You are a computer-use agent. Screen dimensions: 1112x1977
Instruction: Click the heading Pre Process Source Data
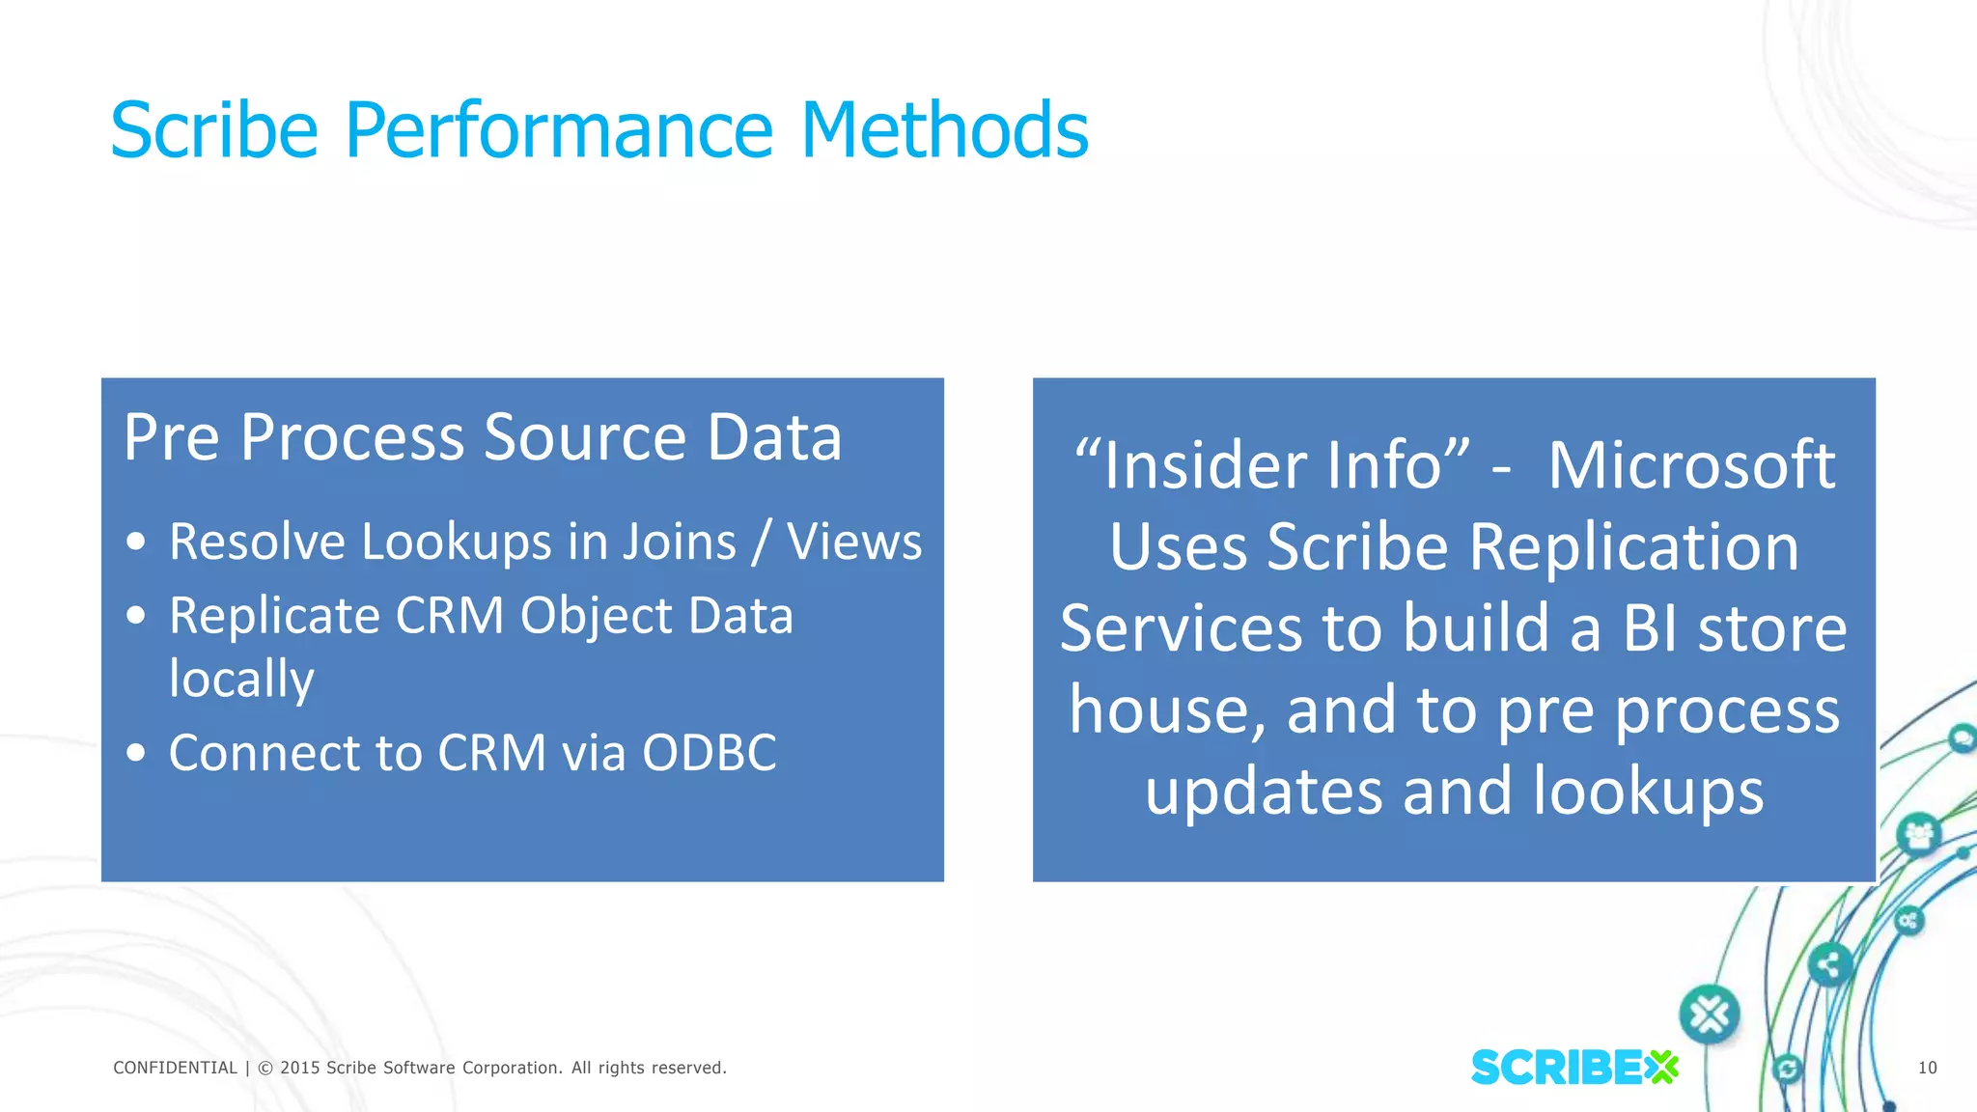coord(483,437)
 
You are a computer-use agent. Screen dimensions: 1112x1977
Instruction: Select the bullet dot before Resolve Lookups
coord(136,542)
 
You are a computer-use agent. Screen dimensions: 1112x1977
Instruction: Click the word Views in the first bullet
coord(854,542)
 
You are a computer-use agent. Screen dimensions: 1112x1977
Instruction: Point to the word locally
coord(241,679)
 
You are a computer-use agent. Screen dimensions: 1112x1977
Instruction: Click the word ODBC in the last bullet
coord(710,753)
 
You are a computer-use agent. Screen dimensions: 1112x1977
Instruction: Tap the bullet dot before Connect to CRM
coord(136,753)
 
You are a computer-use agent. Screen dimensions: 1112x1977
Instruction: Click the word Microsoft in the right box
coord(1691,465)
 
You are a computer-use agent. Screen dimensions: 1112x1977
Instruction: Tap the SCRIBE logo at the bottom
coord(1573,1068)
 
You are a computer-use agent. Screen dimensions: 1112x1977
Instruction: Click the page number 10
coord(1927,1068)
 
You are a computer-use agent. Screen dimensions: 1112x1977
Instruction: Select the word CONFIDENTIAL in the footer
coord(175,1068)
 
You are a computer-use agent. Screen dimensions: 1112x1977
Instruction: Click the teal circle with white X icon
coord(1710,1015)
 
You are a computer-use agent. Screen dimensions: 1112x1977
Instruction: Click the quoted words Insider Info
coord(1272,465)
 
